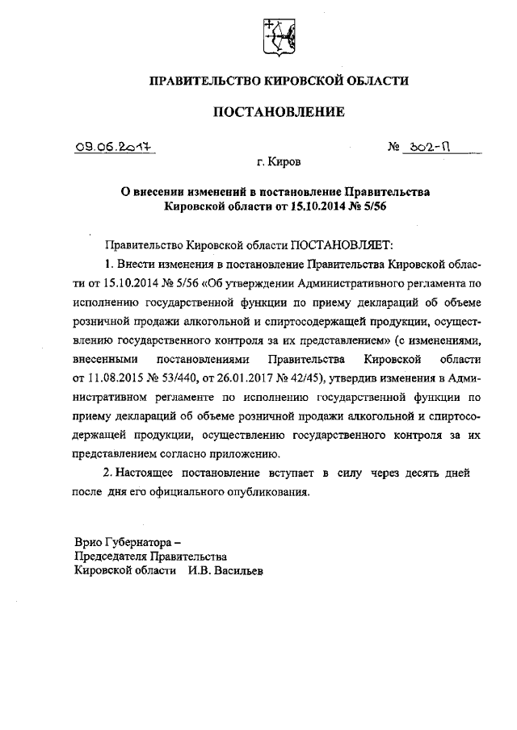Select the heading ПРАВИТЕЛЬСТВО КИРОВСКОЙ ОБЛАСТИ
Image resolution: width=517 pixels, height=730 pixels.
(x=279, y=80)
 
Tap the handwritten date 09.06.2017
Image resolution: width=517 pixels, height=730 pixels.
(x=112, y=147)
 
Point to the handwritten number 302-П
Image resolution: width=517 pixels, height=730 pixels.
(x=427, y=147)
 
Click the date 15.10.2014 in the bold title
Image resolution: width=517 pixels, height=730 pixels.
(x=339, y=206)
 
